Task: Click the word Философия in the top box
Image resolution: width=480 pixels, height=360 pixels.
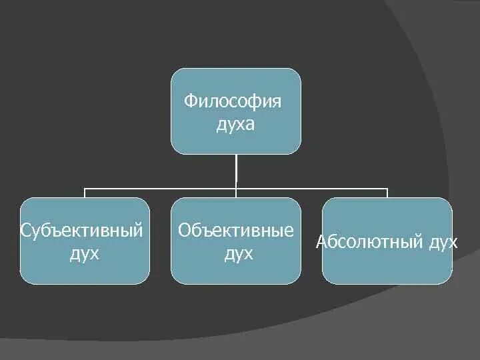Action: coord(233,102)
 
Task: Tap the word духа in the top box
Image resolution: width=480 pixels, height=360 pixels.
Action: coord(235,125)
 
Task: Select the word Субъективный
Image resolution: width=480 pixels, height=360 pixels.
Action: coord(82,231)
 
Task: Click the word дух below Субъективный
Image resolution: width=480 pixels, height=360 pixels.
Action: coord(85,253)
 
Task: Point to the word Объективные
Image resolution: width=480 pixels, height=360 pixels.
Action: coord(235,231)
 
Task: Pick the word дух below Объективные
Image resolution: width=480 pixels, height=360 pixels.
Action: coord(238,253)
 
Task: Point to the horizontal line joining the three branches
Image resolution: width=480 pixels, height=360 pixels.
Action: coord(160,189)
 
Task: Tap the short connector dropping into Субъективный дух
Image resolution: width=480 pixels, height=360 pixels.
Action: coord(85,193)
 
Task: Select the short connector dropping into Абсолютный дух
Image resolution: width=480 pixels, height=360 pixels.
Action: coord(387,193)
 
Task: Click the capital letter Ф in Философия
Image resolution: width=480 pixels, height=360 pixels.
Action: coord(190,102)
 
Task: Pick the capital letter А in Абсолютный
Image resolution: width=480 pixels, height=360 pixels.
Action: coord(320,241)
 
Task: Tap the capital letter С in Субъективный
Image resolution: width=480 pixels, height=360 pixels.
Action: coord(25,231)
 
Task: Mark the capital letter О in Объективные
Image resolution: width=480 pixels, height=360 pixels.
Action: coord(184,231)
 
